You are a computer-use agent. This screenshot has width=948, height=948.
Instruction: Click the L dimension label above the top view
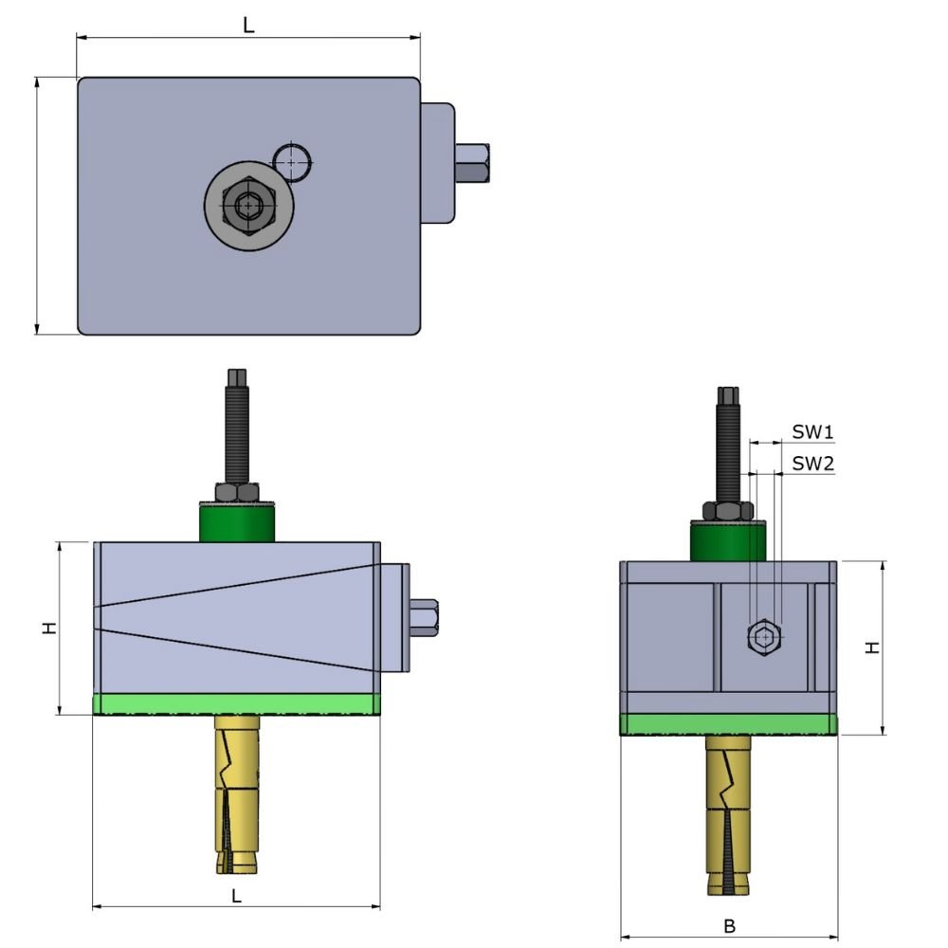[248, 26]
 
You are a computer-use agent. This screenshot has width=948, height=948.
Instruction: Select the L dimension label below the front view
[236, 894]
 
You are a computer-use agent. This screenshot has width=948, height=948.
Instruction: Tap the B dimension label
[729, 925]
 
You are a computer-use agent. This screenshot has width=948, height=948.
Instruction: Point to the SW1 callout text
[812, 432]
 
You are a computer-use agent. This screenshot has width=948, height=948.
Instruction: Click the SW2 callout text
[812, 464]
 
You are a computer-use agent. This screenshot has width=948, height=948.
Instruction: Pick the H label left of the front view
[48, 628]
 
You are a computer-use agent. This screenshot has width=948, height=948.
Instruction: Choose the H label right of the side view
[872, 647]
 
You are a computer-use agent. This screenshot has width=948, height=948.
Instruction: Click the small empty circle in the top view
[292, 162]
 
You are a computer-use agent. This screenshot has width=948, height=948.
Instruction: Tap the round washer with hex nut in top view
[246, 205]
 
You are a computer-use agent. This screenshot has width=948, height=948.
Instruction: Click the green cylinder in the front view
[236, 522]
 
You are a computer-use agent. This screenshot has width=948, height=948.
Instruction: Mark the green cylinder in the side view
[727, 541]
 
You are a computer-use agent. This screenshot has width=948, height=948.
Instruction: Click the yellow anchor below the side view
[728, 815]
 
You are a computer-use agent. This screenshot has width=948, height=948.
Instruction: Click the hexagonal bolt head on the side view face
[763, 638]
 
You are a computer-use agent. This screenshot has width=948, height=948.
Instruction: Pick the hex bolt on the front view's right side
[423, 618]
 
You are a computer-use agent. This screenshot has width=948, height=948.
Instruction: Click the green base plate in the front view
[236, 704]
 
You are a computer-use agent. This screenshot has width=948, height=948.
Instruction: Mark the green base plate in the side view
[728, 724]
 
